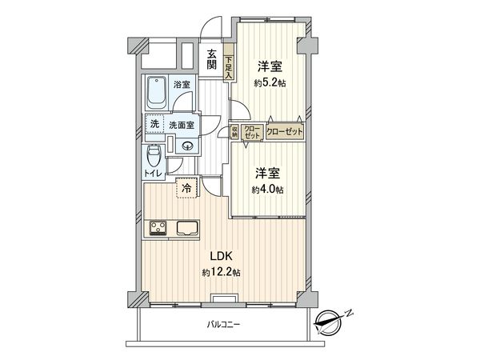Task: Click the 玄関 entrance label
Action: [212, 60]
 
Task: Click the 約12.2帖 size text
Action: [221, 273]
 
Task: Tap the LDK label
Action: [221, 257]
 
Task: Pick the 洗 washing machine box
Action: [153, 125]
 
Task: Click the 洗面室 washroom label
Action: [180, 125]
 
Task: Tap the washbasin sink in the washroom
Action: [186, 145]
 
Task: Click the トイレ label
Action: [153, 173]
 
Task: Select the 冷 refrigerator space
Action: [186, 189]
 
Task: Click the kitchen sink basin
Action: [186, 228]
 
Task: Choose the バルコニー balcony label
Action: [224, 324]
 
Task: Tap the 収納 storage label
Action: [234, 132]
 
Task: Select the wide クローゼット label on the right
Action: [285, 132]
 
